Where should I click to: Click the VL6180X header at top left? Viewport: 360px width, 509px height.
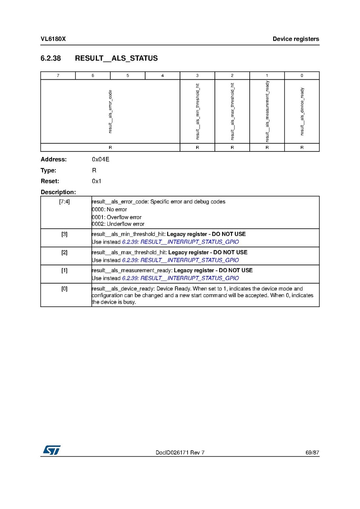[53, 39]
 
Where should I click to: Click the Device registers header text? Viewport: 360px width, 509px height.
[296, 39]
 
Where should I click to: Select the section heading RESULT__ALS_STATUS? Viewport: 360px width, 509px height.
[116, 58]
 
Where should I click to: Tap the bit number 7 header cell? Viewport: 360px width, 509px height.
[58, 76]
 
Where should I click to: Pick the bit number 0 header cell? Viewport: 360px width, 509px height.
[302, 76]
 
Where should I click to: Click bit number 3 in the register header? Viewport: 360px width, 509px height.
[197, 76]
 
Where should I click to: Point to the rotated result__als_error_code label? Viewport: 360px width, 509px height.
[110, 111]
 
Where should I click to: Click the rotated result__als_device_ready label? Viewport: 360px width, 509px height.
[302, 111]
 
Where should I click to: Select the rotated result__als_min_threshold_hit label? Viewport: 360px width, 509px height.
[197, 111]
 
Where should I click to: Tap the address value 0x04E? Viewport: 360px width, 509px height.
[101, 159]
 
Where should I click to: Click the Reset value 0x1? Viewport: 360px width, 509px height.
[97, 181]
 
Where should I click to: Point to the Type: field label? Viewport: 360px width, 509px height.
[48, 171]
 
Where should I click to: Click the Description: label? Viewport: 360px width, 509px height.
[58, 192]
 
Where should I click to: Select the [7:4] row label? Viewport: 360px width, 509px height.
[65, 202]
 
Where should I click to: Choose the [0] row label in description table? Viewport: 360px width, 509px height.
[65, 289]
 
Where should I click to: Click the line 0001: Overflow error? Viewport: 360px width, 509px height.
[117, 217]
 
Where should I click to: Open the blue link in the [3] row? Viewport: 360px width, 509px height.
[180, 242]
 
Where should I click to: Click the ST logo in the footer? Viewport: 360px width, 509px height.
[51, 450]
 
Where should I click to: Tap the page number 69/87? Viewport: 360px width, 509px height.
[312, 452]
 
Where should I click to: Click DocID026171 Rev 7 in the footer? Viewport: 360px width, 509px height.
[180, 452]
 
